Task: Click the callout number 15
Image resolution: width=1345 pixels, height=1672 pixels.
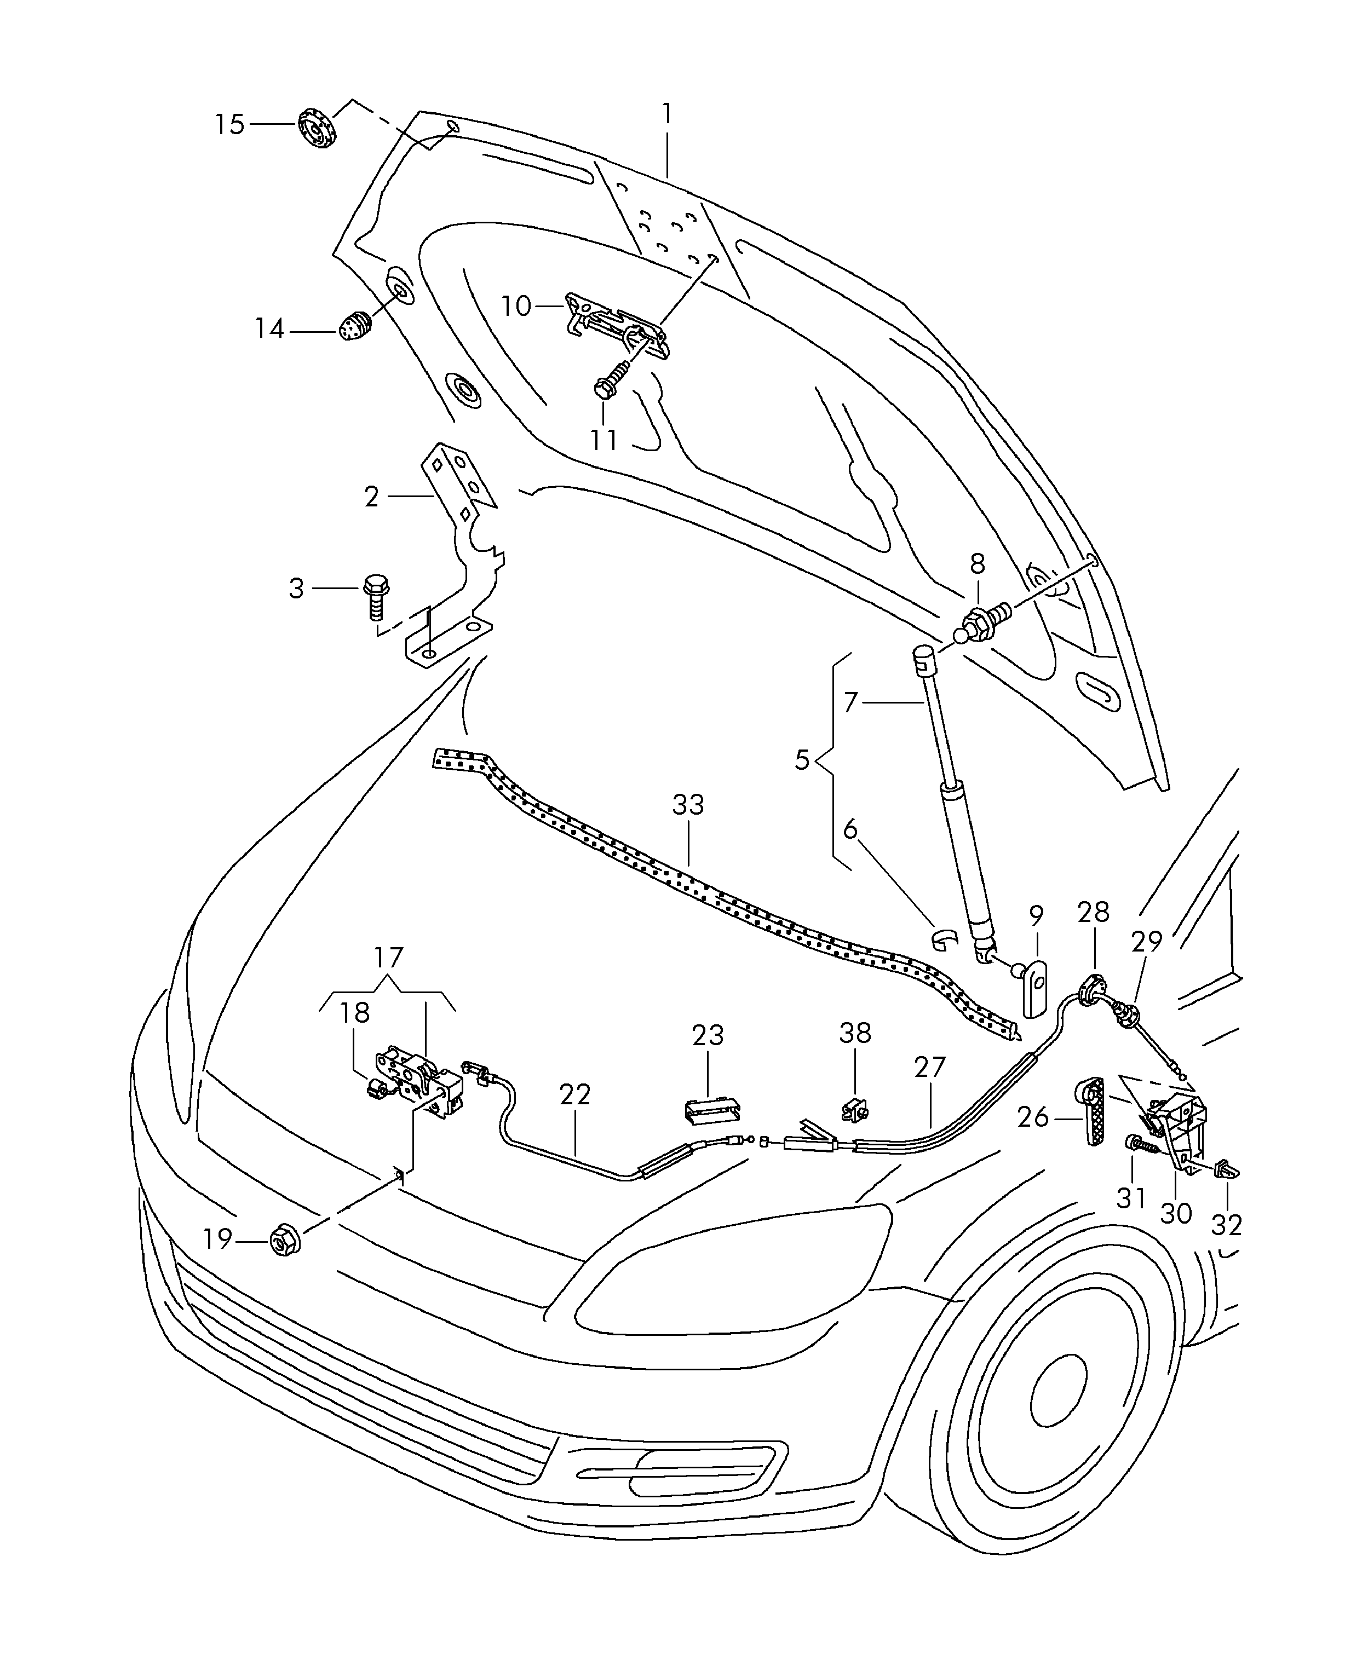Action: (229, 124)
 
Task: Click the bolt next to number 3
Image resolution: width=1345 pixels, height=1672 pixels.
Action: (376, 596)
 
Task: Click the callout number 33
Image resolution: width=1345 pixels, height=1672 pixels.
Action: (688, 804)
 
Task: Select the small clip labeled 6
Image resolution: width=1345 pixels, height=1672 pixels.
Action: (946, 939)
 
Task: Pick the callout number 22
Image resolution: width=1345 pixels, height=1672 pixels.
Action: (576, 1094)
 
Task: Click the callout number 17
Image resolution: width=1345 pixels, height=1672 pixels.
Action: (389, 958)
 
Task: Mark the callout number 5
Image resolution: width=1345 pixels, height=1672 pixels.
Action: (802, 760)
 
